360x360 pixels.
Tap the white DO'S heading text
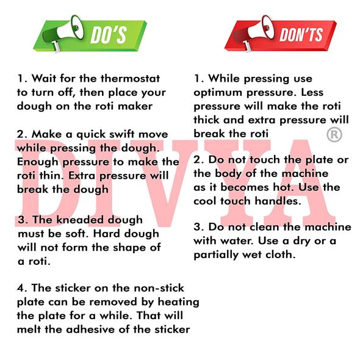(x=109, y=35)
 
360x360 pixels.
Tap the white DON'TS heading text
(x=301, y=35)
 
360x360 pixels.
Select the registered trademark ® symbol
(x=334, y=134)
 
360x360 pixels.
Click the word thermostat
(x=130, y=78)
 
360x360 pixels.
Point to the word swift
(x=123, y=134)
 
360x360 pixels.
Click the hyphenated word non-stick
(x=159, y=288)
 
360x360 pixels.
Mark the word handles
(x=278, y=201)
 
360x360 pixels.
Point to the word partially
(x=216, y=255)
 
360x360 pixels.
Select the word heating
(x=178, y=302)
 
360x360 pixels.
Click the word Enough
(x=38, y=162)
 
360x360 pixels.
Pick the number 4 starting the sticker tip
(x=20, y=288)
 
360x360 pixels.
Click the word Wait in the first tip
(x=43, y=78)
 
